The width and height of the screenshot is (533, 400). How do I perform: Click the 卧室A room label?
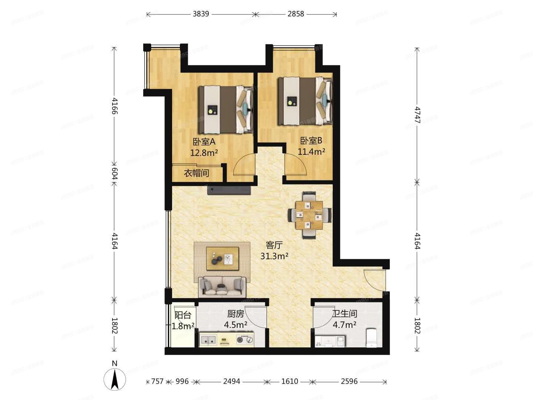204,141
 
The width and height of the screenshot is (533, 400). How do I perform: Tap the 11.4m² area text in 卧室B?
311,151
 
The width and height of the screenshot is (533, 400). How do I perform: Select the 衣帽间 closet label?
197,173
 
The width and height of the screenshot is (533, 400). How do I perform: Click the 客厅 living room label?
274,245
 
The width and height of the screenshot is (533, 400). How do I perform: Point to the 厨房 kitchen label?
235,314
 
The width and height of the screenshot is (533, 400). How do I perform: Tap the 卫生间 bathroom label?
344,314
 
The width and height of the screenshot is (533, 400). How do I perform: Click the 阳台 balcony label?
182,315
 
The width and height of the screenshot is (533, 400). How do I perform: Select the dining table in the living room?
310,215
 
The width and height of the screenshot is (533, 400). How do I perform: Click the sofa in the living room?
222,286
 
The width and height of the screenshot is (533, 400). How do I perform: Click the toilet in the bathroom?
371,338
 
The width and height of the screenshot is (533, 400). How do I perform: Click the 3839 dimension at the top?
201,14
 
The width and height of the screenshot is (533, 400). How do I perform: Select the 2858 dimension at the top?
296,14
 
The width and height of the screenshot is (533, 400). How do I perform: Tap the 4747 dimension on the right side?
417,115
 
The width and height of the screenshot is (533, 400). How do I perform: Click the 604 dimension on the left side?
114,173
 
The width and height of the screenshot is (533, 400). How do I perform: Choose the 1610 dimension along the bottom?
289,381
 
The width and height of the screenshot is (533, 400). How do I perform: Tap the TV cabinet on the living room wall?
229,190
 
